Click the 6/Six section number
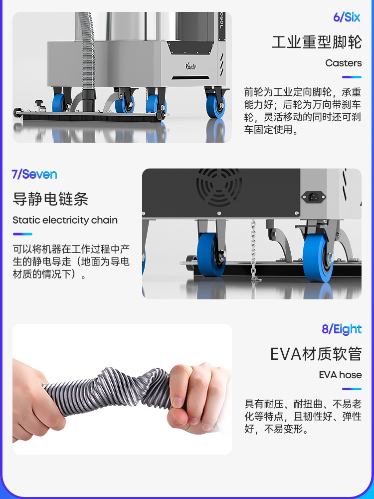click(347, 17)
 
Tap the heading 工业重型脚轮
click(317, 42)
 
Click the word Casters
click(343, 63)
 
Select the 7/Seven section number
click(34, 174)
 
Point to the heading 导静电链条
click(50, 199)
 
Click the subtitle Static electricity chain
click(65, 220)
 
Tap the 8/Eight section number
click(342, 329)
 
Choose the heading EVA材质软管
click(316, 354)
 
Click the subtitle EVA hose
click(340, 375)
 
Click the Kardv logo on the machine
click(191, 66)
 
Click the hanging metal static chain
click(253, 250)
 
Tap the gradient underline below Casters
click(352, 77)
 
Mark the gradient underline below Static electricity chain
click(22, 234)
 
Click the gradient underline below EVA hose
click(352, 389)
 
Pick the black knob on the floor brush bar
click(39, 103)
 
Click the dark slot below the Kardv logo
click(190, 78)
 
